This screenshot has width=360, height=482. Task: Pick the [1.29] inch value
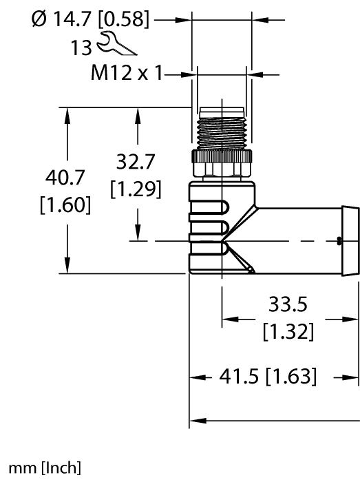(136, 188)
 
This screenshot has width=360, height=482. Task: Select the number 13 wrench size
(82, 48)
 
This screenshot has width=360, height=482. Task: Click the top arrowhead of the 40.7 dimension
(67, 114)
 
